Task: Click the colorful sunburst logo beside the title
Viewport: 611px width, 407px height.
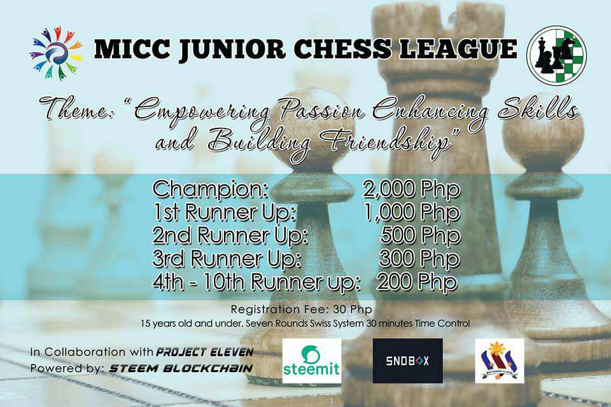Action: coord(56,53)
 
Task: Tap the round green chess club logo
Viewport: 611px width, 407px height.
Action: coord(556,55)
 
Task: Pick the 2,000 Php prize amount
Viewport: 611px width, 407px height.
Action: coord(412,190)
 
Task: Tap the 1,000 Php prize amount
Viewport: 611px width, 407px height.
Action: coord(412,212)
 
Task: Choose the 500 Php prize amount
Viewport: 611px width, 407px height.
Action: coord(421,236)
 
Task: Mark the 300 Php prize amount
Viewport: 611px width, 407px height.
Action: coord(419,259)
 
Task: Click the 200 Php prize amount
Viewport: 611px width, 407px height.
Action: coord(417,282)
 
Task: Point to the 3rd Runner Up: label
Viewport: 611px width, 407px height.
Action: coord(227,259)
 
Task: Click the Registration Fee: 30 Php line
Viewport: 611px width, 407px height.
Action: coord(301,310)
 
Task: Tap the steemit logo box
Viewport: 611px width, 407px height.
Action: coord(312,361)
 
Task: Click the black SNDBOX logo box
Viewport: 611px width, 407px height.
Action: coord(407,361)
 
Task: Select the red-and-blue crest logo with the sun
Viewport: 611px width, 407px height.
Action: coord(500,361)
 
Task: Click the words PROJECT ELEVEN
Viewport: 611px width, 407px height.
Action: coord(205,352)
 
